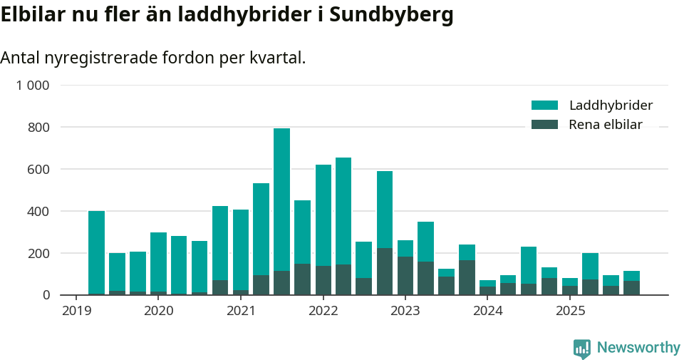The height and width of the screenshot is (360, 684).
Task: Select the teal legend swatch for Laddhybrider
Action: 544,106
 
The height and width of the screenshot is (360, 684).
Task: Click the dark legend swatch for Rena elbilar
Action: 544,125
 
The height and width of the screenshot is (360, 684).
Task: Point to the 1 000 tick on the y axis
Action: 33,86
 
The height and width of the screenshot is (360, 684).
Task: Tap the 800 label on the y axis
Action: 38,128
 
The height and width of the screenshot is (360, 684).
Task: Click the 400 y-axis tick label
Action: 38,212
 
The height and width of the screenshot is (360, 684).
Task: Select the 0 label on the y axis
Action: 45,295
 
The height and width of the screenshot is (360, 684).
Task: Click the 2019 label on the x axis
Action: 76,311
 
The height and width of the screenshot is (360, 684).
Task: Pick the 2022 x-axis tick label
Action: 323,311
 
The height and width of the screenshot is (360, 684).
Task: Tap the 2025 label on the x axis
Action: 570,311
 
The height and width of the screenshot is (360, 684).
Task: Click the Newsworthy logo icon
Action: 581,348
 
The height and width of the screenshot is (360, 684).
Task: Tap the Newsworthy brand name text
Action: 638,348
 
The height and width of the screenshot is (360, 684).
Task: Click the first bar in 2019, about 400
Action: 96,250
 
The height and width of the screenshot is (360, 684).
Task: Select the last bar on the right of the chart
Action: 631,282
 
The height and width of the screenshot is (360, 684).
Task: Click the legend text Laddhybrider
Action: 611,106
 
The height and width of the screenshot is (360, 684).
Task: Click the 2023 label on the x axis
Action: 405,311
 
